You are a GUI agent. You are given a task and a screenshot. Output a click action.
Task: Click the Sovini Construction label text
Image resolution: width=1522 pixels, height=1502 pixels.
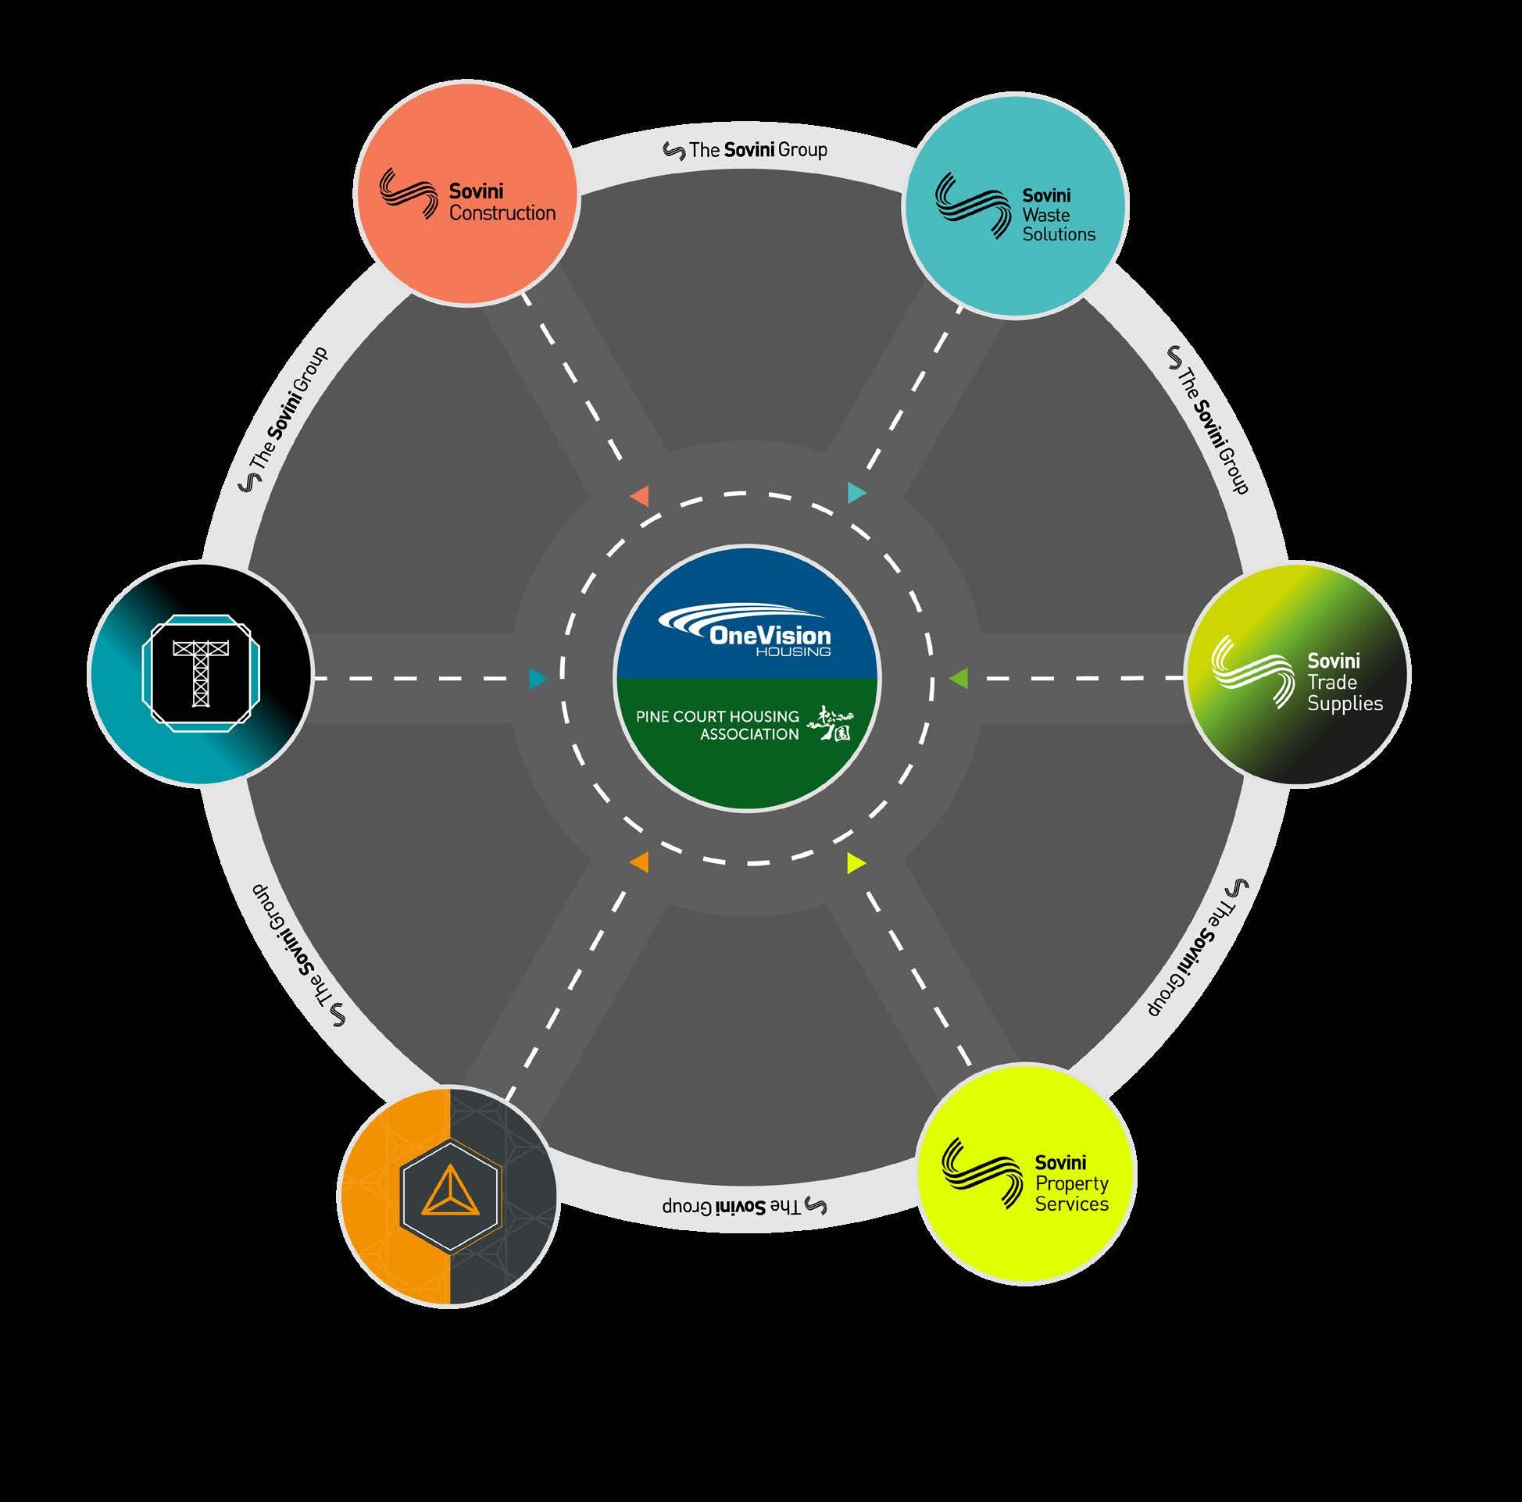(x=501, y=202)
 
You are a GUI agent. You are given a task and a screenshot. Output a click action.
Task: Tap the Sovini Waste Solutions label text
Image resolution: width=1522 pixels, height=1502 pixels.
(x=1058, y=215)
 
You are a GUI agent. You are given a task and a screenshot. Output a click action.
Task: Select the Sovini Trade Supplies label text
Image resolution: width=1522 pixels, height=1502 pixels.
(x=1344, y=682)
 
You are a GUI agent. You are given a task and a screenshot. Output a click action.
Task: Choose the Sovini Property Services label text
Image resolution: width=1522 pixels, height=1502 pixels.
(x=1071, y=1183)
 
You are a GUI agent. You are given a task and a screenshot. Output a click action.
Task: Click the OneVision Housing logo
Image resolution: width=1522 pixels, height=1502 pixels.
(x=745, y=630)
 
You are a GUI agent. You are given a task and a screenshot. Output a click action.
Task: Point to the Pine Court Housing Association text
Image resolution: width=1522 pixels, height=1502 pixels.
(x=717, y=726)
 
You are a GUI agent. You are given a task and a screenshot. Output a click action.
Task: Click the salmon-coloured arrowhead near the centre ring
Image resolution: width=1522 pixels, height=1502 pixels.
(x=640, y=496)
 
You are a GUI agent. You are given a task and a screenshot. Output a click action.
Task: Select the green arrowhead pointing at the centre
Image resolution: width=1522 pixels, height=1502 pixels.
(x=958, y=677)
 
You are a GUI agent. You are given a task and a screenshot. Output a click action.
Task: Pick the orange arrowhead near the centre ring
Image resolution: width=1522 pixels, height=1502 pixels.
(x=640, y=862)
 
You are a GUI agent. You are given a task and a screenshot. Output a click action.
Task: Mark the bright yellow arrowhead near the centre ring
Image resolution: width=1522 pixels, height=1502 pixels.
(x=856, y=863)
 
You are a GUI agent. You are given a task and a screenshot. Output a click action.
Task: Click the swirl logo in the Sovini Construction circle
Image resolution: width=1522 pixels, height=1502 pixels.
(x=407, y=194)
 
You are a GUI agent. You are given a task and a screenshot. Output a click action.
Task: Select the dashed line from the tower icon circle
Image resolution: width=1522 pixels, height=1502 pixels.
(x=421, y=678)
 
